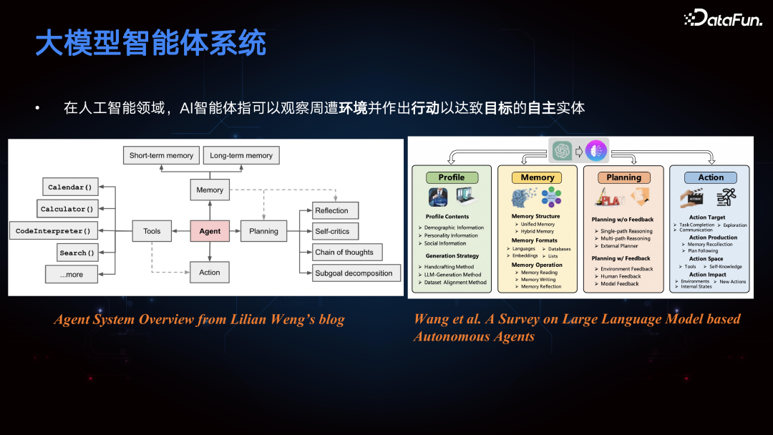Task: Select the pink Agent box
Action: pyautogui.click(x=210, y=231)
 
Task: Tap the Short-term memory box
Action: pyautogui.click(x=161, y=155)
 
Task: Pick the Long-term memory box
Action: pyautogui.click(x=241, y=155)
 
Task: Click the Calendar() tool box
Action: pyautogui.click(x=69, y=187)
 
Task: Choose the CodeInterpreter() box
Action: pyautogui.click(x=53, y=231)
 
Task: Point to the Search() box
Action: pyautogui.click(x=77, y=253)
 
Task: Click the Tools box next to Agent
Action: pyautogui.click(x=152, y=231)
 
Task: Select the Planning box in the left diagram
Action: pyautogui.click(x=263, y=231)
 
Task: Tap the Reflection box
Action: pyautogui.click(x=332, y=210)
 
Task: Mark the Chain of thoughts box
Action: pyautogui.click(x=344, y=252)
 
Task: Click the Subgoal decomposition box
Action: pyautogui.click(x=354, y=273)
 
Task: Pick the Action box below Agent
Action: pyautogui.click(x=210, y=272)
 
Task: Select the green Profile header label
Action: pyautogui.click(x=452, y=177)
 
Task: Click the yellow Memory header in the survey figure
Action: pyautogui.click(x=538, y=177)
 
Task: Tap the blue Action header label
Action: pyautogui.click(x=711, y=177)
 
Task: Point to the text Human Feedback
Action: pyautogui.click(x=621, y=276)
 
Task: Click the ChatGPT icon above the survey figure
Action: pyautogui.click(x=562, y=151)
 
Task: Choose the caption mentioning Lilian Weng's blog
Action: pyautogui.click(x=199, y=319)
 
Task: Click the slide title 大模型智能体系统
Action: pyautogui.click(x=151, y=44)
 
